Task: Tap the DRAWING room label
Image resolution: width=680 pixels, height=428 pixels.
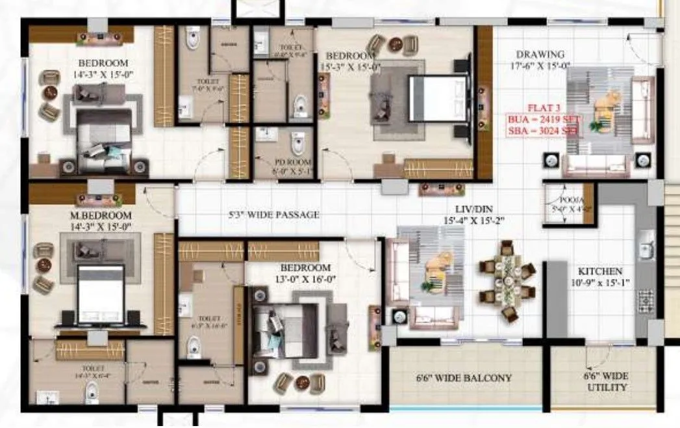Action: click(x=540, y=54)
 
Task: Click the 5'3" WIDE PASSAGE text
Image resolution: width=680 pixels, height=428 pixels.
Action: click(x=274, y=214)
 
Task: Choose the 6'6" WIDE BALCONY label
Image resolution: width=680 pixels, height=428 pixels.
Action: click(x=464, y=378)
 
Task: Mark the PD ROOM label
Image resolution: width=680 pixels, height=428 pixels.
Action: click(x=284, y=162)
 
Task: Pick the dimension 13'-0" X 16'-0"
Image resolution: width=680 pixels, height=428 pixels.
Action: click(x=305, y=278)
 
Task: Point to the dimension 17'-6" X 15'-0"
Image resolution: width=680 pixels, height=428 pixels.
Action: click(x=539, y=66)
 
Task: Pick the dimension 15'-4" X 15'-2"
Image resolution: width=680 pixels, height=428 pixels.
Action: click(x=464, y=222)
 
